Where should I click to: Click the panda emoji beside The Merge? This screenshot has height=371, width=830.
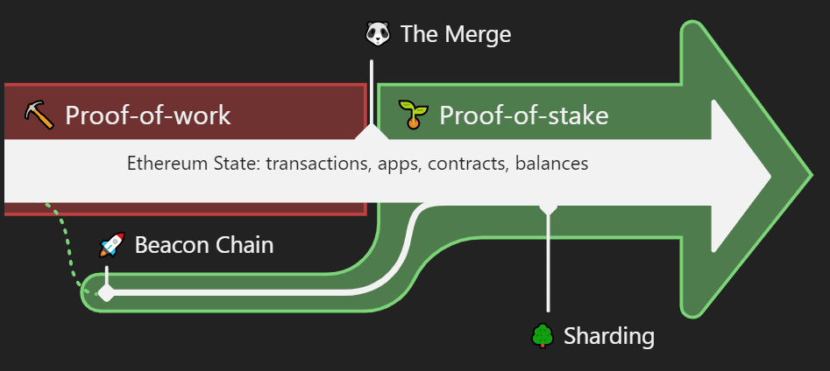point(378,34)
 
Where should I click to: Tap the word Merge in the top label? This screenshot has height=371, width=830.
point(478,35)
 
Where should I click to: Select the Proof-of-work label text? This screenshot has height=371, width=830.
point(148,115)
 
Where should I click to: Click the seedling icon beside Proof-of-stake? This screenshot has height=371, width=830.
point(413,114)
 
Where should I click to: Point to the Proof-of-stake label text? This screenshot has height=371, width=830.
point(523,115)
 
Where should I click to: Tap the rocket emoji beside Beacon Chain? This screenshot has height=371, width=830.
point(112,245)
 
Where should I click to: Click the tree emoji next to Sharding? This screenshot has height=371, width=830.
point(543,336)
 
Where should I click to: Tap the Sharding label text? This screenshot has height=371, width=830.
point(609,336)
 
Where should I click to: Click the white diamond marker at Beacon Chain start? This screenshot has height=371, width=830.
point(106,292)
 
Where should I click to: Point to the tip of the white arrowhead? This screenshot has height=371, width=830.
point(770,176)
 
